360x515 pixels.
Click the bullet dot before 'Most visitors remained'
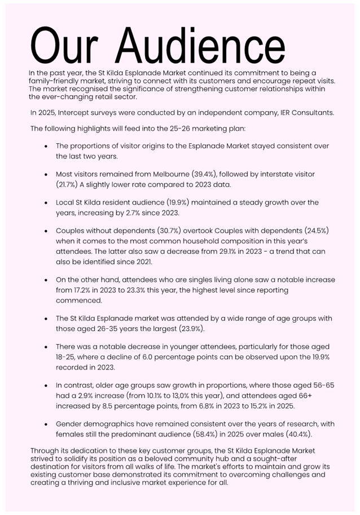coord(46,174)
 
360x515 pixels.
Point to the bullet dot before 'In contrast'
coord(46,385)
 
